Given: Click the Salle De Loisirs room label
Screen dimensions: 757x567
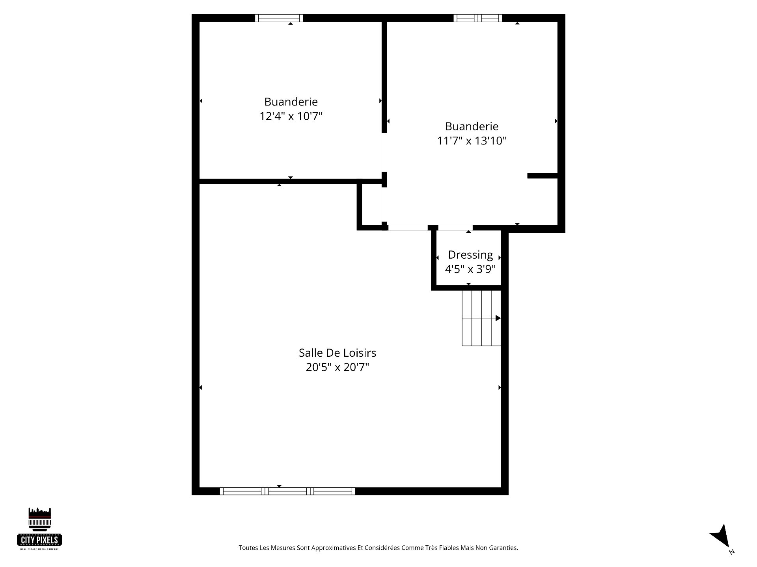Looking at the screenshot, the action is click(x=337, y=352).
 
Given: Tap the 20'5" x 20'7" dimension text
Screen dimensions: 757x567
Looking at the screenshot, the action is click(x=337, y=367).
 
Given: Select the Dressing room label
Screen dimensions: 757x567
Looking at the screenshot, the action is click(x=470, y=255).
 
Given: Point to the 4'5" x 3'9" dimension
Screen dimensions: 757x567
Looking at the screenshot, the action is click(x=470, y=269).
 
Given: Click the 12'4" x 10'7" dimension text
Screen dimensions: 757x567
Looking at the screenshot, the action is click(x=291, y=116).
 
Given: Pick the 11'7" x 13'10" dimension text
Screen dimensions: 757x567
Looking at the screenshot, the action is click(x=472, y=141).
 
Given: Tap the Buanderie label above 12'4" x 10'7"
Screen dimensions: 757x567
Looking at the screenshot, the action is click(x=291, y=102).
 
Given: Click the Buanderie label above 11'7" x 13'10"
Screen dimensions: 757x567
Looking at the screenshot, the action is click(x=472, y=126).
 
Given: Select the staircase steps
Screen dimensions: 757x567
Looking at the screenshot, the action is click(x=481, y=318).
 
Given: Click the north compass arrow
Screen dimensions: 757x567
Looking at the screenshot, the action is click(x=721, y=536).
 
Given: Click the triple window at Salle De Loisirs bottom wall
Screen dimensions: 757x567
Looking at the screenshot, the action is click(x=287, y=491).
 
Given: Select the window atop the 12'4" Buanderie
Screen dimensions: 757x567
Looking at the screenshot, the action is click(x=279, y=18).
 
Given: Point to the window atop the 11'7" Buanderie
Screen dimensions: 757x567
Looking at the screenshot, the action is click(x=478, y=18).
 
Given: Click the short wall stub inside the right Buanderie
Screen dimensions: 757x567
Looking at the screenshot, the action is click(x=543, y=176).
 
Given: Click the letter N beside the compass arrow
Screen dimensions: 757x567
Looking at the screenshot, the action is click(x=732, y=552).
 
